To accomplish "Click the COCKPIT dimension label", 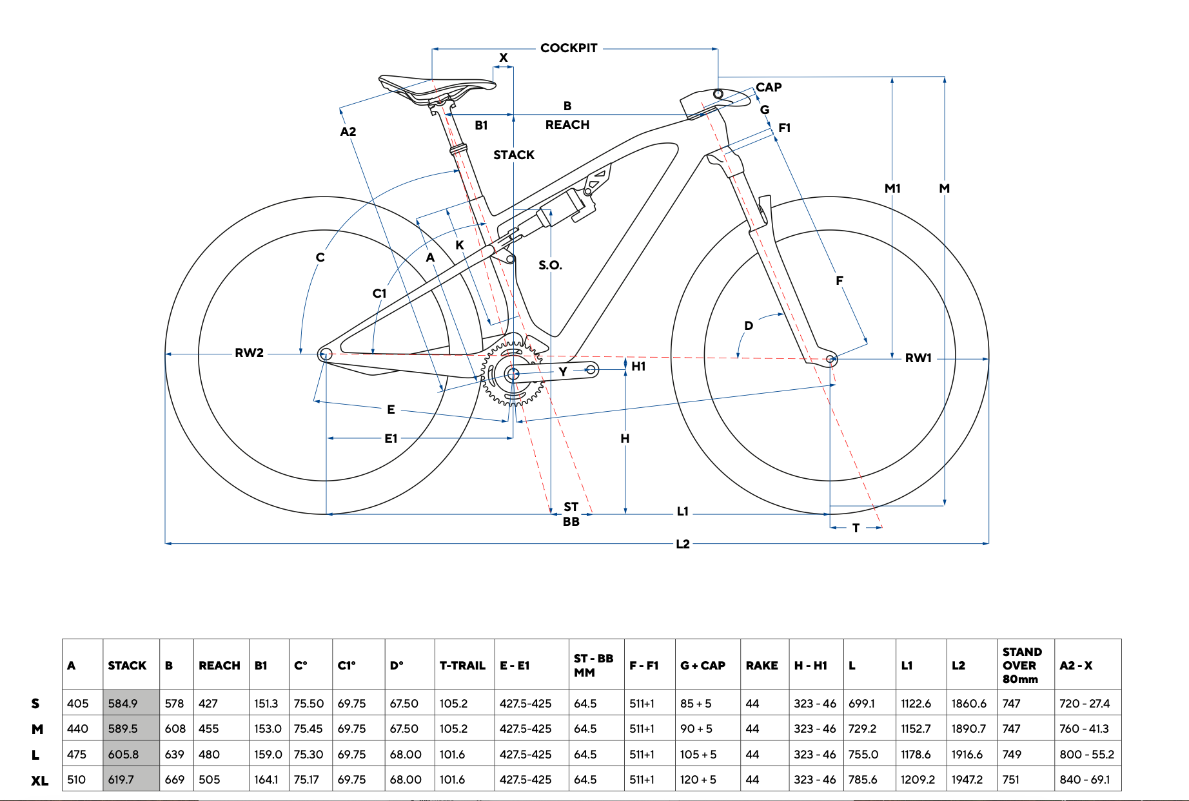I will point(569,48).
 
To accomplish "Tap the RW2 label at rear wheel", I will point(249,353).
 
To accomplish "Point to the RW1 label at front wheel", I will point(918,358).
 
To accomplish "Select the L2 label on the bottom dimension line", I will point(683,544).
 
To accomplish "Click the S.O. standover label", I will point(550,265).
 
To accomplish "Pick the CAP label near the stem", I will point(769,87).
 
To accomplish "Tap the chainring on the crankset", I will point(513,374).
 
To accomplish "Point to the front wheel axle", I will point(832,359).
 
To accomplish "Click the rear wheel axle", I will point(326,354).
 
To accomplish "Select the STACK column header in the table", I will point(127,666).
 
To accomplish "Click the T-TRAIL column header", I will point(462,666).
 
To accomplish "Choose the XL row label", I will point(39,780).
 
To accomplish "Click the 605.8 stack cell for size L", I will point(124,754).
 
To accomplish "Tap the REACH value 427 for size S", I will point(208,704).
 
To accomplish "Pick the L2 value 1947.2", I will point(967,780).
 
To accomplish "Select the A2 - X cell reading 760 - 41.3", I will point(1084,729).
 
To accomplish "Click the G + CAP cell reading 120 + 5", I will point(698,780).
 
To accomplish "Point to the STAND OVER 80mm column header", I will point(1021,666).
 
